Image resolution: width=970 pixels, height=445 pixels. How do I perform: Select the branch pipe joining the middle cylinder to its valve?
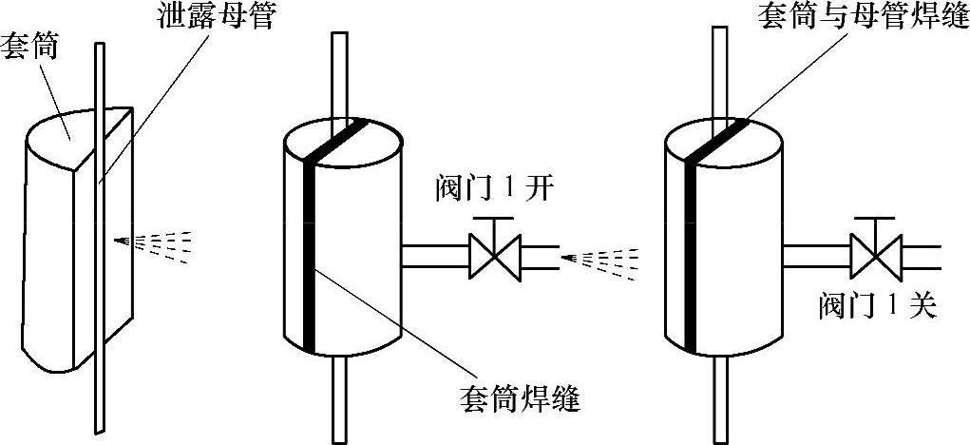click(x=435, y=256)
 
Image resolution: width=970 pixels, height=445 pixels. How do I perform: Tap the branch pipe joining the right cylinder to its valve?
click(x=817, y=256)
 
